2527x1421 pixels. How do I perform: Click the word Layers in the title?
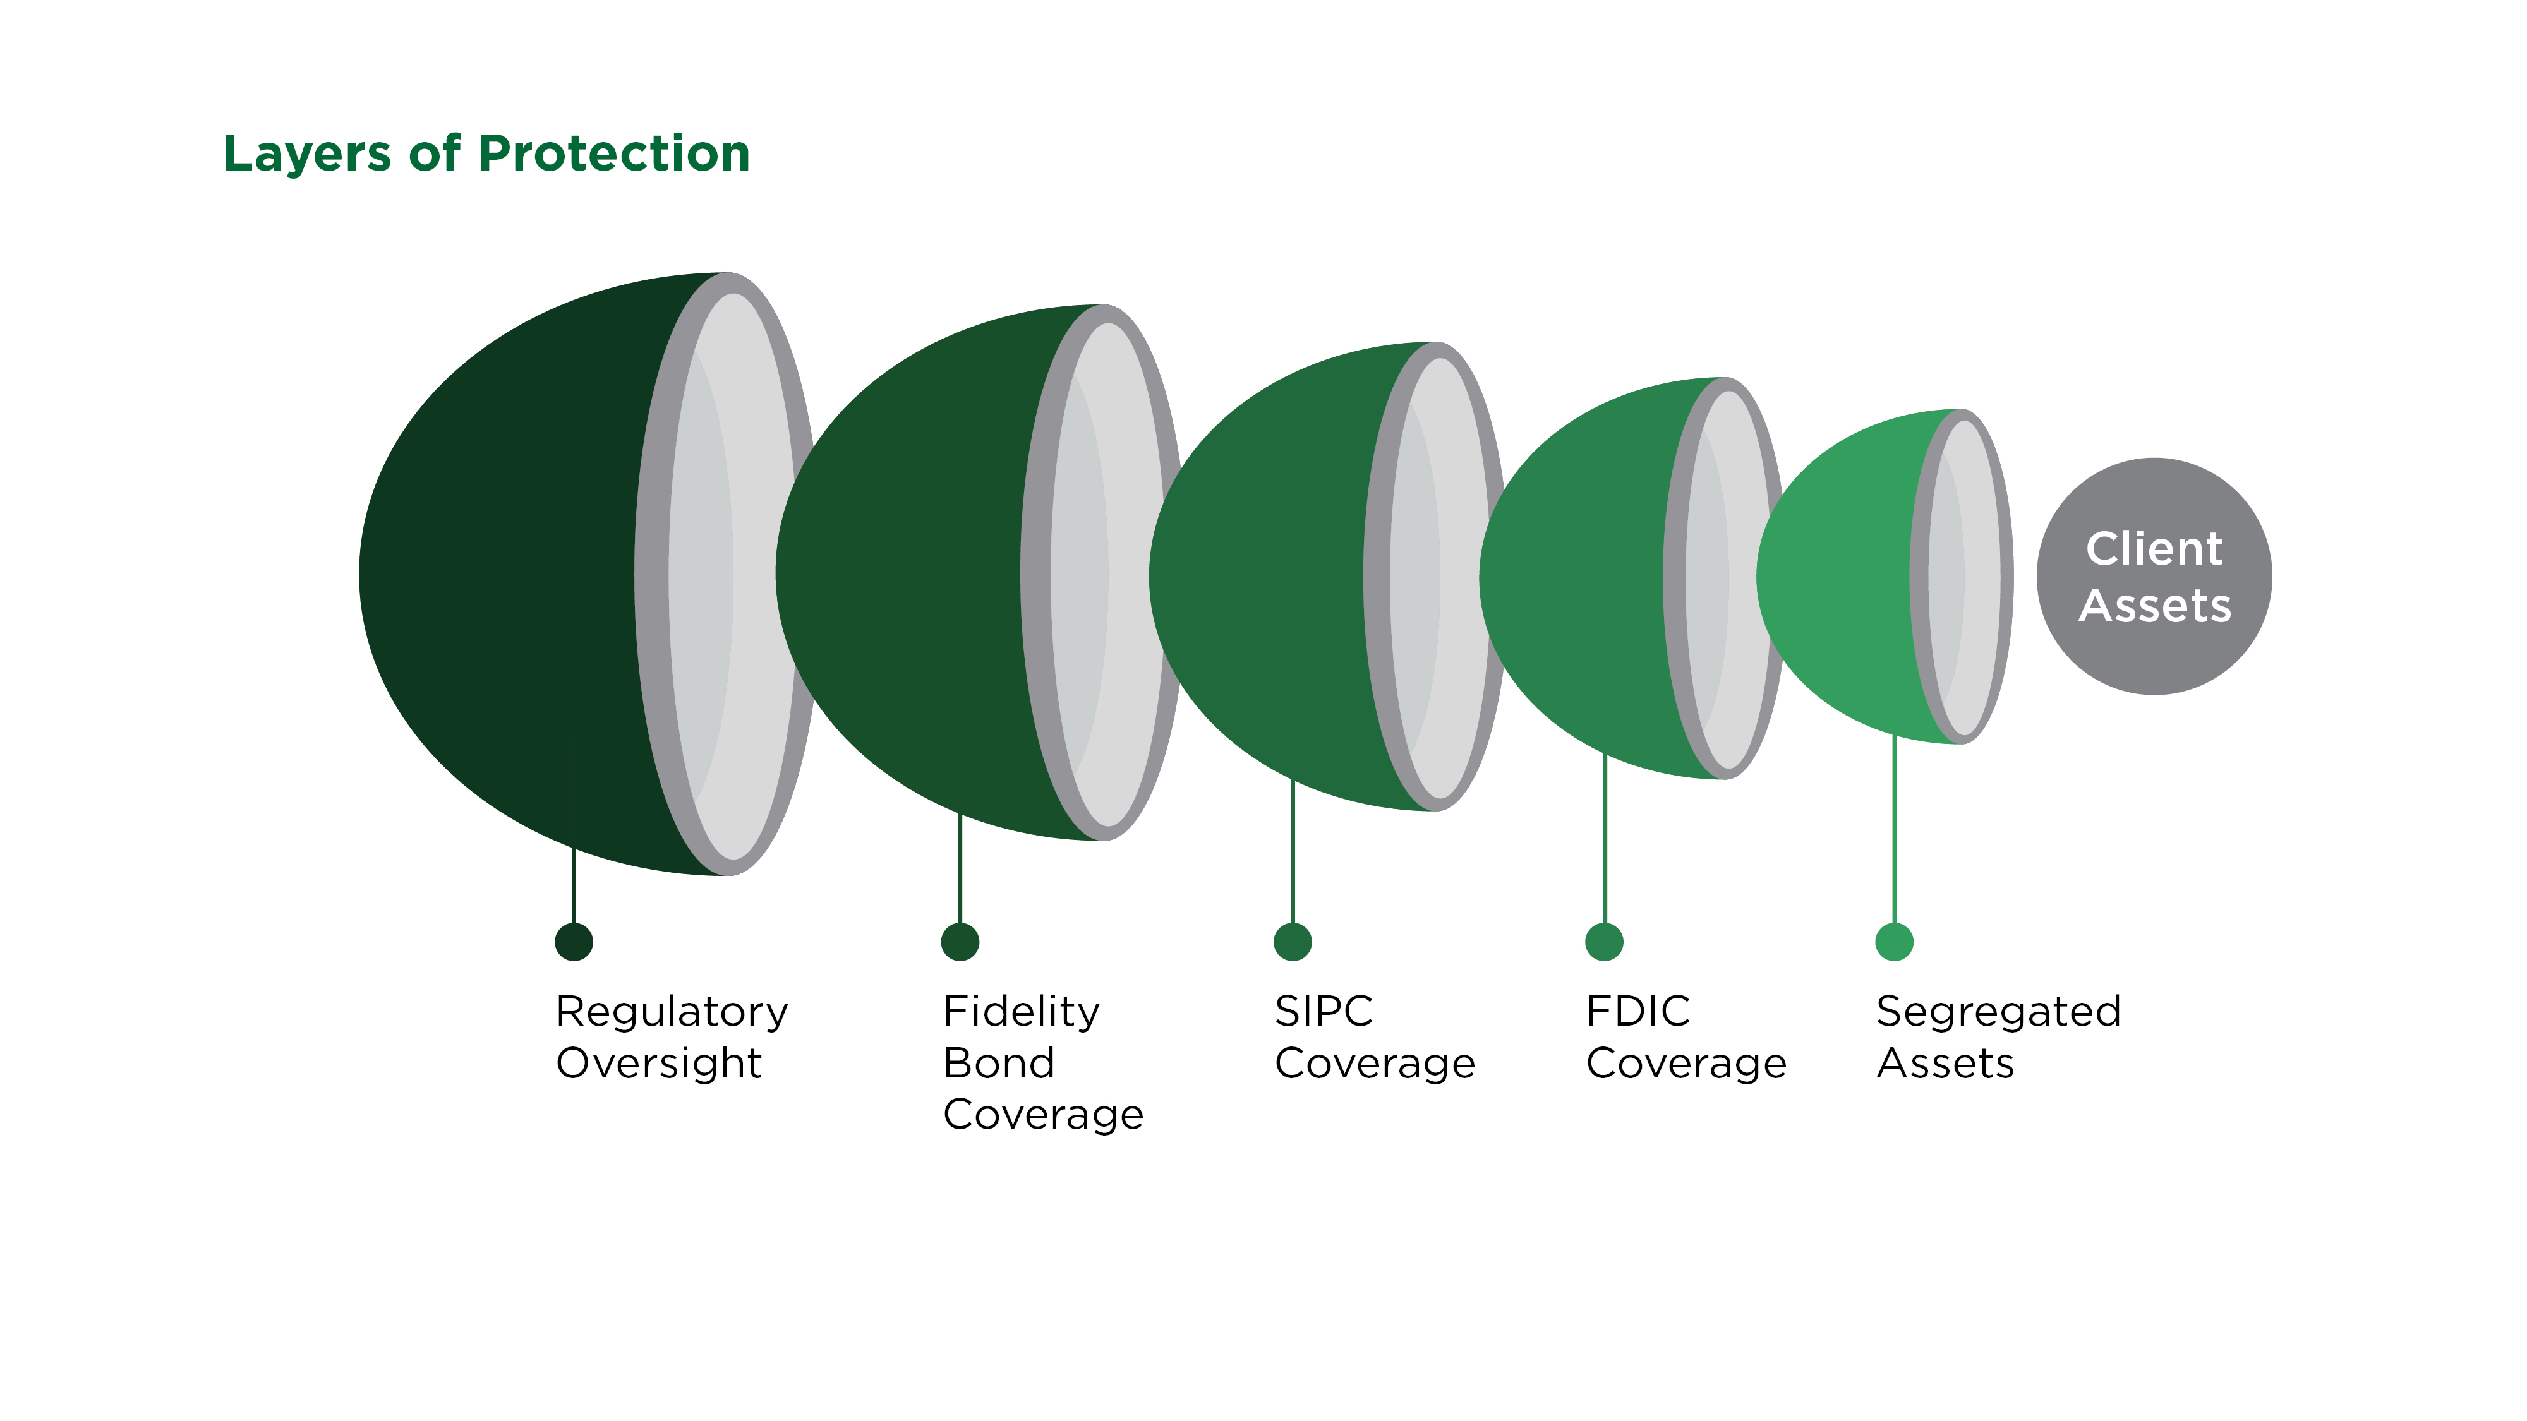click(x=307, y=155)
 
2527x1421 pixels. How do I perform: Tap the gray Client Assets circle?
click(x=2154, y=577)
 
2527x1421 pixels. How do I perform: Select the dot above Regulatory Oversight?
click(x=574, y=942)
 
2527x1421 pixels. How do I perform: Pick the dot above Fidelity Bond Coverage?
click(x=960, y=942)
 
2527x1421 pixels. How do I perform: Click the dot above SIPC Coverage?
click(x=1293, y=942)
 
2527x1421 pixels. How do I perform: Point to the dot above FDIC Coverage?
click(x=1605, y=942)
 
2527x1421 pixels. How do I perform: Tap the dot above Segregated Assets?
click(x=1894, y=942)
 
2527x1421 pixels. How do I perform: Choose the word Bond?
click(x=999, y=1063)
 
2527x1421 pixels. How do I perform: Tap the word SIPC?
click(x=1324, y=1011)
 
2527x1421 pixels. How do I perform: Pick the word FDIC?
click(x=1638, y=1011)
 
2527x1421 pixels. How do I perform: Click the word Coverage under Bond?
click(x=1043, y=1116)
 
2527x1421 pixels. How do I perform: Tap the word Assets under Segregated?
click(x=1945, y=1063)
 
